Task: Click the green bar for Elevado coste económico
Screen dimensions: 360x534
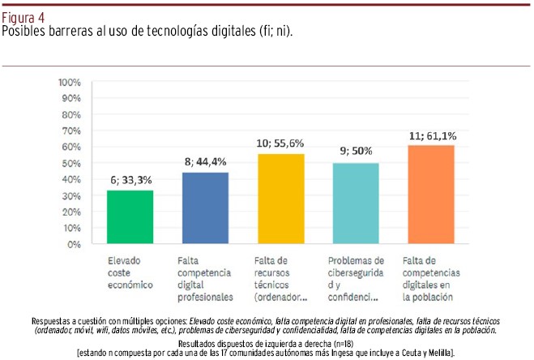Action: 130,216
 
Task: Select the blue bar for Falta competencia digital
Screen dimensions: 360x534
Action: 205,208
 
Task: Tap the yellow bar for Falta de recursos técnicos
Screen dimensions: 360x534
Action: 280,199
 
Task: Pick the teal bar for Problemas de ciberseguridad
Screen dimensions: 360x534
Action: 356,204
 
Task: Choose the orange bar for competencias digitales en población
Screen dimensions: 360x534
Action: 431,195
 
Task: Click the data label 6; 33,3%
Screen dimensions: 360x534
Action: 131,180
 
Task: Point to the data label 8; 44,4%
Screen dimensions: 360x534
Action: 206,162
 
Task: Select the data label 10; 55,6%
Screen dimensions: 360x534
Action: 281,144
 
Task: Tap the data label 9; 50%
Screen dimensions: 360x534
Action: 356,152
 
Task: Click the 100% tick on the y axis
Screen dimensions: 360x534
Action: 70,83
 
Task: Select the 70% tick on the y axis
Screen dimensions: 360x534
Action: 72,131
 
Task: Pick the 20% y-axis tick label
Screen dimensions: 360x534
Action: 72,212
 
